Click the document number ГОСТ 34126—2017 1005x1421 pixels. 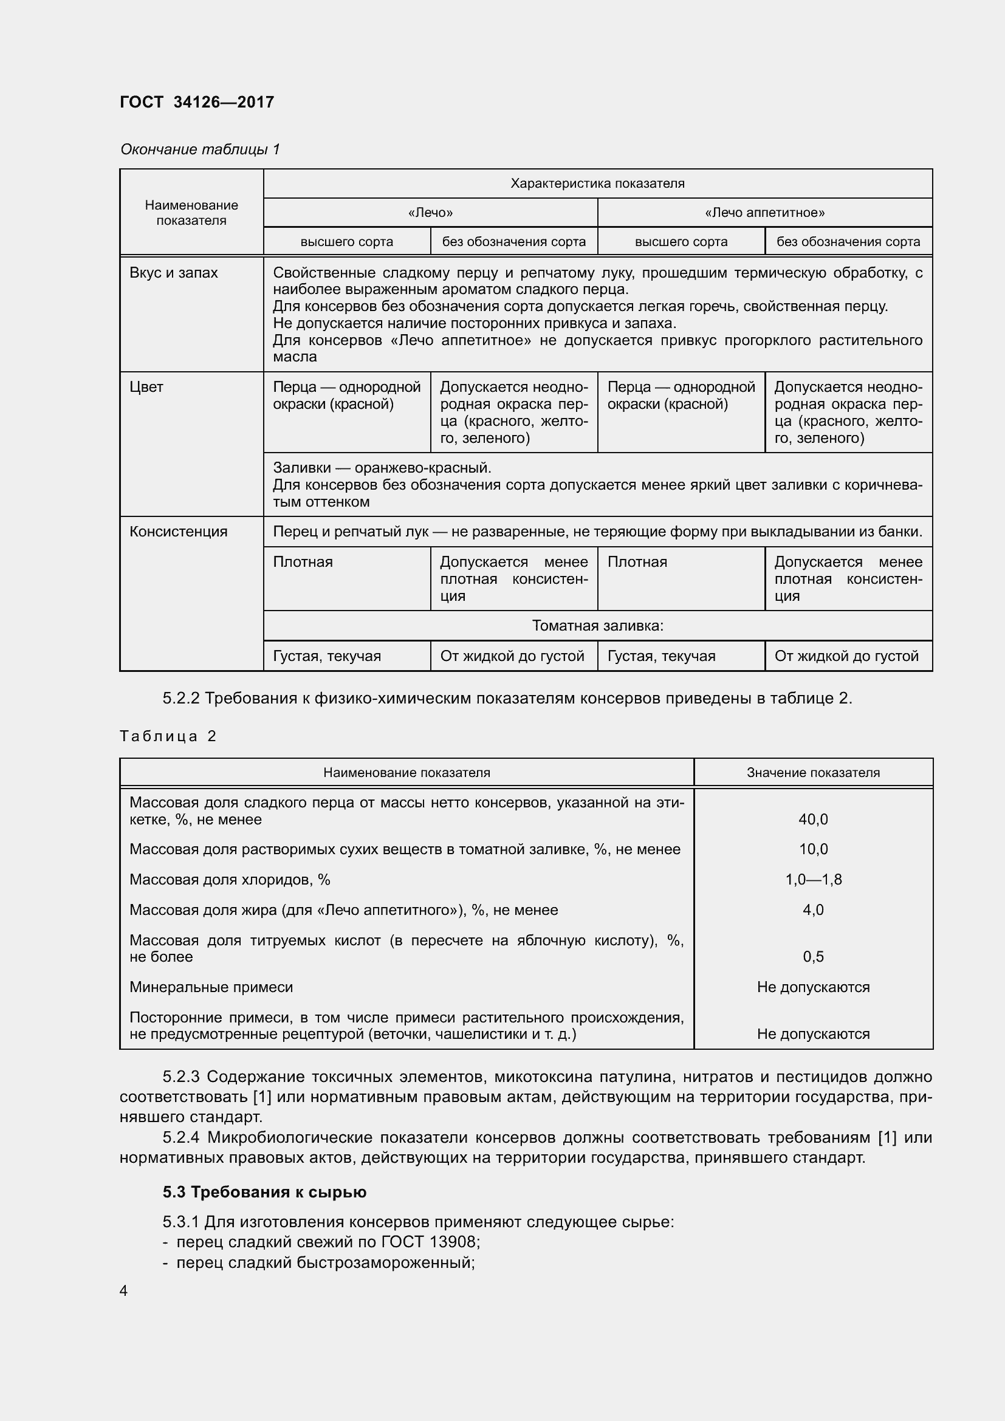tap(197, 102)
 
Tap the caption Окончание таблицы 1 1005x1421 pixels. tap(200, 149)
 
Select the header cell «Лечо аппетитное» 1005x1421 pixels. tap(764, 213)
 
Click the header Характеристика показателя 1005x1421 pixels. tap(597, 183)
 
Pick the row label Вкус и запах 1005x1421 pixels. tap(173, 273)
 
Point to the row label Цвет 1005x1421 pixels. tap(146, 388)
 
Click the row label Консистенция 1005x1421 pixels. tap(178, 532)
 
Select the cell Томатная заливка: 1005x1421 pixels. tap(597, 626)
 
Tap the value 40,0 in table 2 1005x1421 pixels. tap(812, 820)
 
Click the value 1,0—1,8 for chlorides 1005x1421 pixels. tap(812, 880)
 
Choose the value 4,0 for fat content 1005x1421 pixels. tap(812, 910)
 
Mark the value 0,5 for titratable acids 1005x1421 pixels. tap(812, 957)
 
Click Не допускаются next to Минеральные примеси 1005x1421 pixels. tap(812, 987)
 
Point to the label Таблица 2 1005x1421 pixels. tap(168, 736)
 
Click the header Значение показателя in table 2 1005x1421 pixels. tap(812, 772)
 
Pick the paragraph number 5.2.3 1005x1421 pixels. tap(180, 1077)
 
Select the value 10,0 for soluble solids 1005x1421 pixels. tap(812, 849)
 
